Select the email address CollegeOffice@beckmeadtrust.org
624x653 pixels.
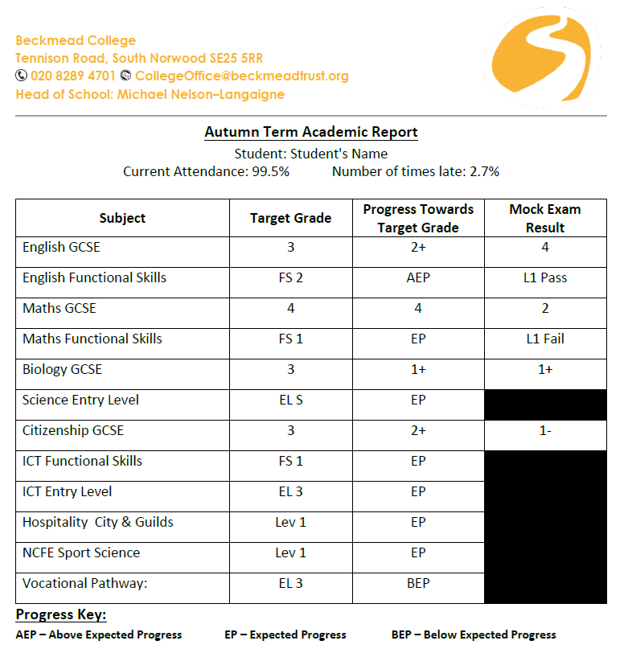[x=241, y=76]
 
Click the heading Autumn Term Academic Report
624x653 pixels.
[x=311, y=132]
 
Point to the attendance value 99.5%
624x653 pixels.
[x=269, y=171]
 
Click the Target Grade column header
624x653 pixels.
[x=290, y=218]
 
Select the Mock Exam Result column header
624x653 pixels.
[x=544, y=218]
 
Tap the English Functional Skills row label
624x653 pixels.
[x=94, y=277]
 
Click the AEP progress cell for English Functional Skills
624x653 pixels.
[x=418, y=277]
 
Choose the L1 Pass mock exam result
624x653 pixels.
[x=544, y=277]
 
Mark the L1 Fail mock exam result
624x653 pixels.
[x=544, y=339]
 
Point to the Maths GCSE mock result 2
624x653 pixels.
[x=544, y=308]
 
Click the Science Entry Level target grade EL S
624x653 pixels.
[x=290, y=400]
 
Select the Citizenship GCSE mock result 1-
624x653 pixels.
[x=544, y=430]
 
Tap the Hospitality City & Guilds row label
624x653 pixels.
[x=97, y=522]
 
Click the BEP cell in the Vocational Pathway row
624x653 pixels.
[x=418, y=583]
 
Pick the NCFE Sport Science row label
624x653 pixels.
[x=80, y=552]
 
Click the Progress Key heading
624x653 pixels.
[x=60, y=615]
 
